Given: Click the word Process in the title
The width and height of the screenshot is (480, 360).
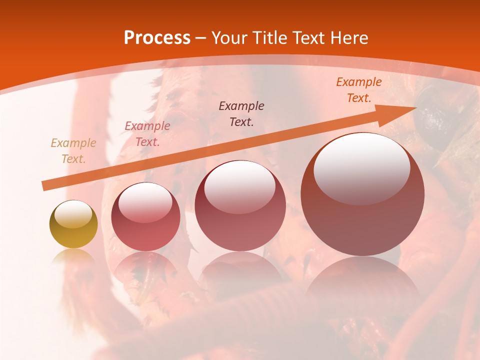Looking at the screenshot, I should [157, 38].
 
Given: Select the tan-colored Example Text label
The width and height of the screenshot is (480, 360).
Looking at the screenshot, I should [73, 151].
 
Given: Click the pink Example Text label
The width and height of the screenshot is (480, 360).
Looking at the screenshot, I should [147, 134].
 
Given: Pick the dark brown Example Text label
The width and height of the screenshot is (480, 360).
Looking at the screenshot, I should [241, 113].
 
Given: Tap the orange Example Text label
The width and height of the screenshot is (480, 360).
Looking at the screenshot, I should [358, 90].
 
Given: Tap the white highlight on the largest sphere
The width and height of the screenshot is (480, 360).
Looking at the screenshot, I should [361, 167].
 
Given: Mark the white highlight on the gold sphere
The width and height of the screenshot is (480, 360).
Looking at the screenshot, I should [73, 214].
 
